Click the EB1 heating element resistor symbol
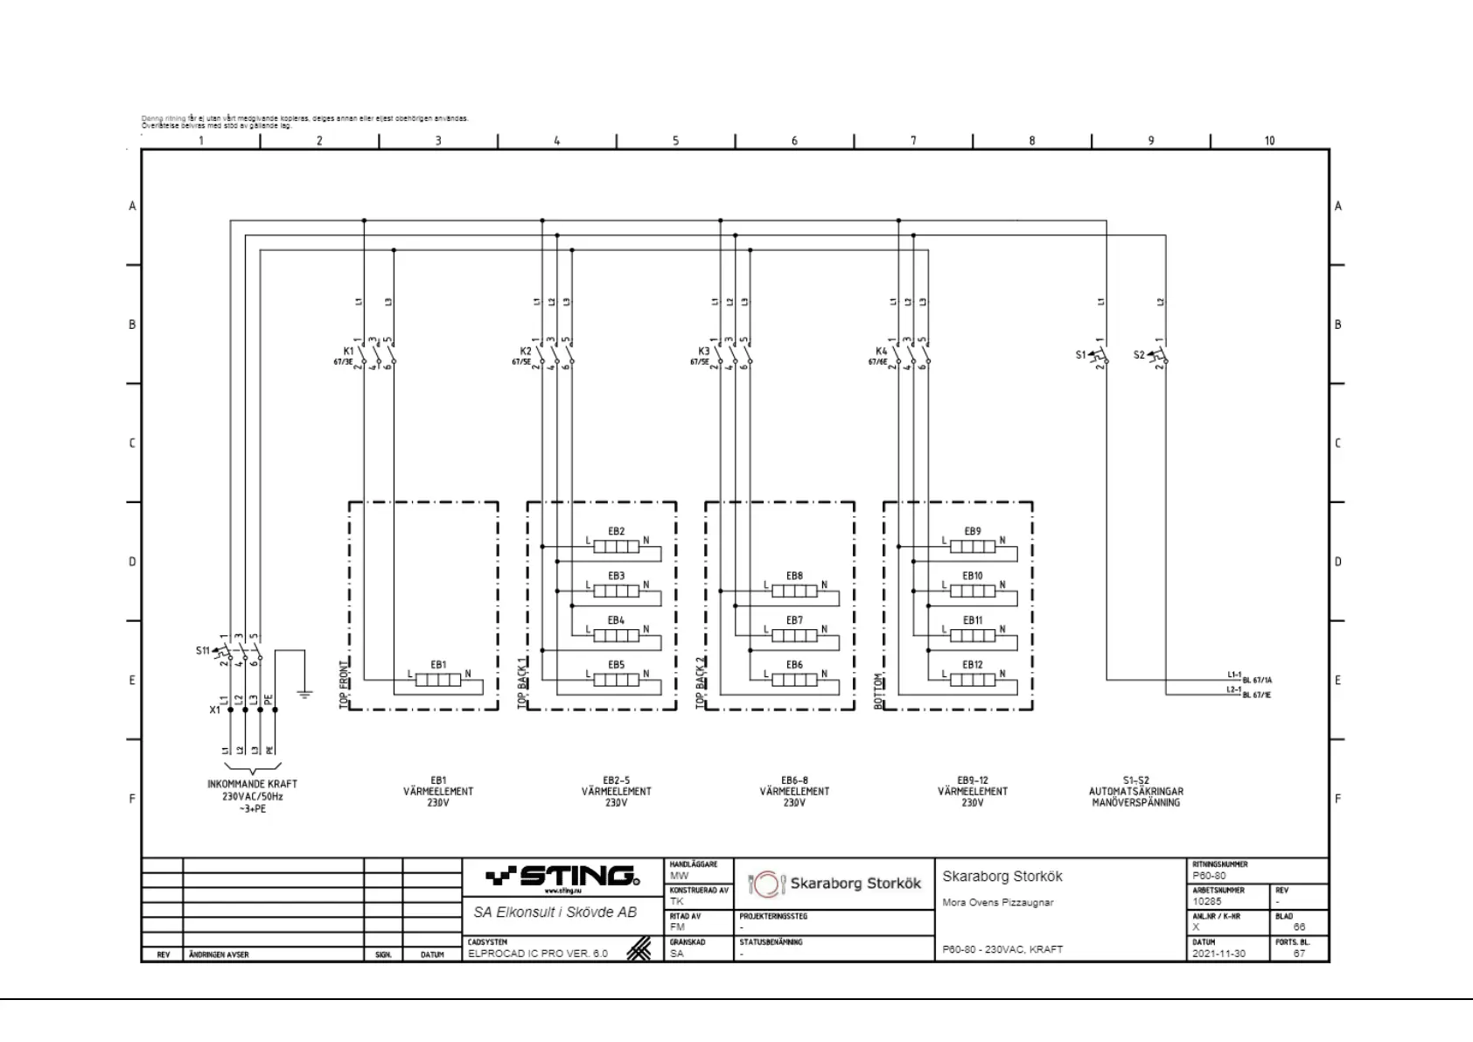(437, 680)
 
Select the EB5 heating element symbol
(616, 680)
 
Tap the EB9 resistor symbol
(972, 547)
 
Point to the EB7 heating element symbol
(794, 635)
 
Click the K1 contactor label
(348, 351)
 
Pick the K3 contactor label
(704, 351)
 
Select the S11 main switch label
(202, 650)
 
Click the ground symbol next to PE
(304, 694)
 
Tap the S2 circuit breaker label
(1139, 354)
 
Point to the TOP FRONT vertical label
(344, 683)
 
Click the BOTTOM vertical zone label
(878, 690)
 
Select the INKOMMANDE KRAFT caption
(252, 784)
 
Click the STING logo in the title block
(563, 876)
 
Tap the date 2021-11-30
(1218, 954)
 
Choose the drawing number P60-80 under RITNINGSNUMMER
(1209, 876)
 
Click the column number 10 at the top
(1269, 140)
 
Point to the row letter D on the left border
(133, 562)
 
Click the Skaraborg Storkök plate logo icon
(766, 884)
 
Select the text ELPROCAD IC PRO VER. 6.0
(537, 954)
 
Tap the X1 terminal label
(214, 710)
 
